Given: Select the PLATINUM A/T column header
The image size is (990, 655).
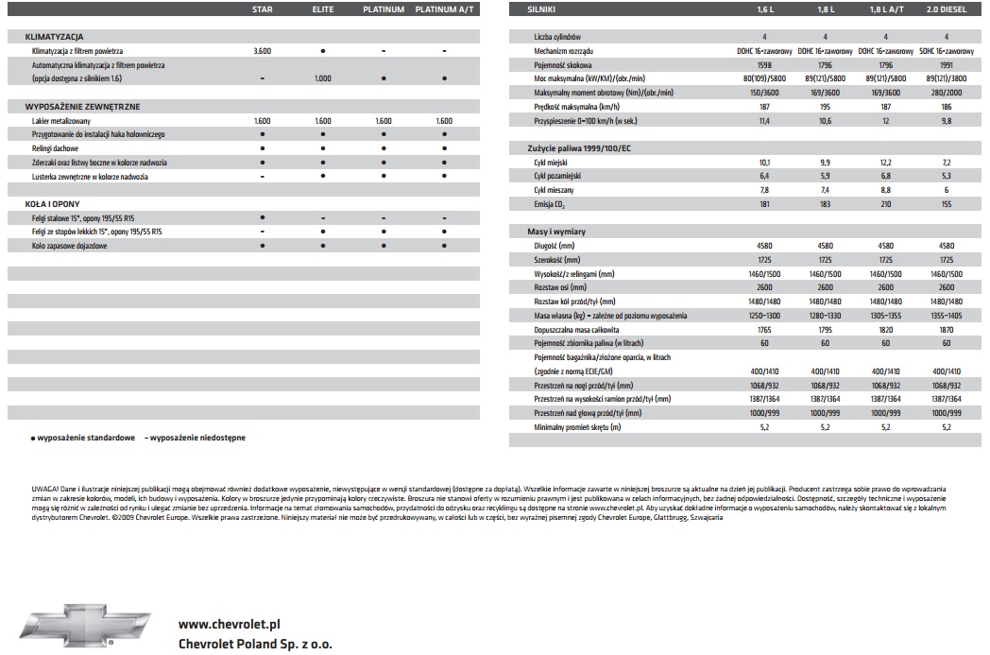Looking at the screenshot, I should [x=444, y=9].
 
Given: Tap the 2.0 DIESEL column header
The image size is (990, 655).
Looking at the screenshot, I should [x=947, y=9].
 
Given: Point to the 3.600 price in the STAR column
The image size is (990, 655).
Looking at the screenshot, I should [x=263, y=49].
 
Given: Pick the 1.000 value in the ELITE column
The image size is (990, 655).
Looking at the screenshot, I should [x=323, y=78].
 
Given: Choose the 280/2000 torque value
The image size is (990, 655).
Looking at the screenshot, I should [x=947, y=92].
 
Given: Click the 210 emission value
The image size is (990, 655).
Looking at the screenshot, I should [x=886, y=204].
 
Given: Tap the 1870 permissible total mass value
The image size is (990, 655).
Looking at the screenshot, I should [x=947, y=329].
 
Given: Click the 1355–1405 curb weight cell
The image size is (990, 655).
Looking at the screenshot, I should [x=947, y=315].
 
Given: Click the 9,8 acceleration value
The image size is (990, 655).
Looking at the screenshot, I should [x=947, y=121].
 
